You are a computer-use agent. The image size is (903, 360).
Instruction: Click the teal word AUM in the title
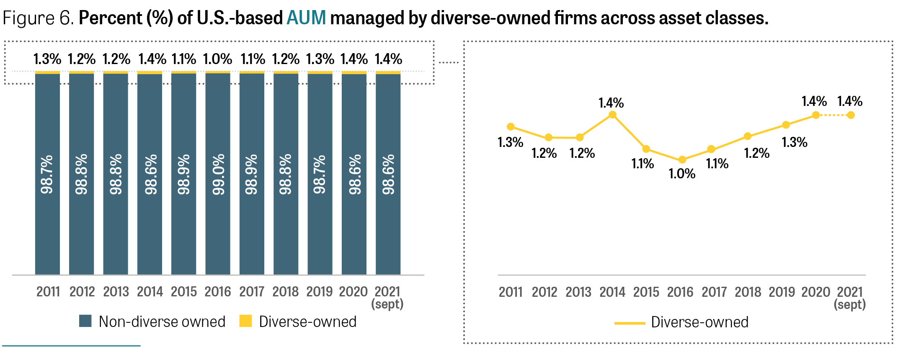306,18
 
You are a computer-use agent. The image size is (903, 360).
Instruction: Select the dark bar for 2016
218,174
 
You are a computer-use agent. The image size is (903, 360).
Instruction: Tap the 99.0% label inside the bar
218,175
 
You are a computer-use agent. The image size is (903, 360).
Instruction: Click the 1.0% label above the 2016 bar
217,59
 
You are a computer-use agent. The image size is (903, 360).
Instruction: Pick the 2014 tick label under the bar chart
150,291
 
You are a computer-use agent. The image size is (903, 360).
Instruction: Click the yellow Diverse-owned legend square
245,321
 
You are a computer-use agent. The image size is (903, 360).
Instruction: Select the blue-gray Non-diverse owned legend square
85,321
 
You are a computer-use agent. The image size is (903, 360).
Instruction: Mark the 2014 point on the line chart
612,115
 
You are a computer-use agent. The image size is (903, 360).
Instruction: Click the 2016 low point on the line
682,159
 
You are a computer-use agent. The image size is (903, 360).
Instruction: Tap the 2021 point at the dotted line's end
851,115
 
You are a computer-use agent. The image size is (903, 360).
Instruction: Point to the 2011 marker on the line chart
511,126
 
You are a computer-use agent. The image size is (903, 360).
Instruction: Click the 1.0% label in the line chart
682,174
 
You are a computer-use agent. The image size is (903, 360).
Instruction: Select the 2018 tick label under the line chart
748,292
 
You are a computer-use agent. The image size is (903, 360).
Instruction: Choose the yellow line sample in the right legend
630,323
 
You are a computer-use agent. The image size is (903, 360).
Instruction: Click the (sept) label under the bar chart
387,304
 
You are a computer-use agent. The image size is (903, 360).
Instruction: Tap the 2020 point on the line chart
816,115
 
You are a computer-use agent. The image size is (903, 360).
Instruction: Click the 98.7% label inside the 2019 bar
320,175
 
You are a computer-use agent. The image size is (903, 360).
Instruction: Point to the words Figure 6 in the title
38,18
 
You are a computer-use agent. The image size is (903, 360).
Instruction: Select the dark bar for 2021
388,174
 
